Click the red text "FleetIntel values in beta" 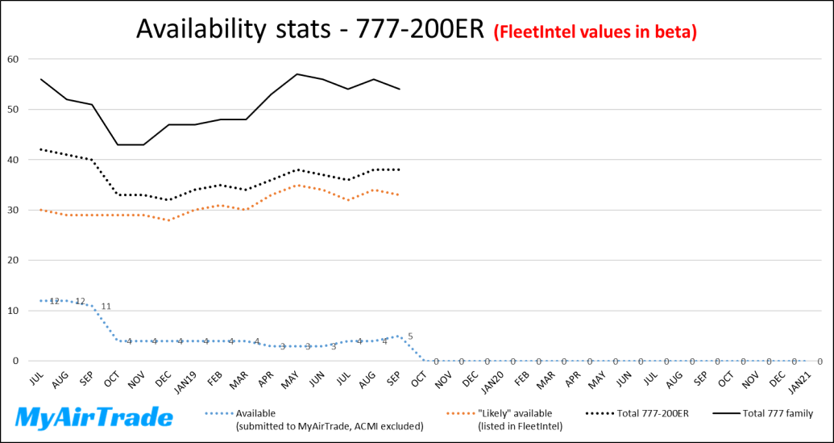point(595,31)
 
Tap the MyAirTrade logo point(95,417)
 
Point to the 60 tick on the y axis point(13,59)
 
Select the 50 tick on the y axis point(13,109)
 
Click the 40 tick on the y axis point(13,160)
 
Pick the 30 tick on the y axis point(13,210)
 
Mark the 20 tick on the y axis point(13,260)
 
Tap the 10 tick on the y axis point(13,311)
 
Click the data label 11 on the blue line point(106,307)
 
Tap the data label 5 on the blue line point(410,336)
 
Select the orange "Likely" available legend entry point(515,419)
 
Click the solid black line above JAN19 point(194,124)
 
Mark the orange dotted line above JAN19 point(194,210)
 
